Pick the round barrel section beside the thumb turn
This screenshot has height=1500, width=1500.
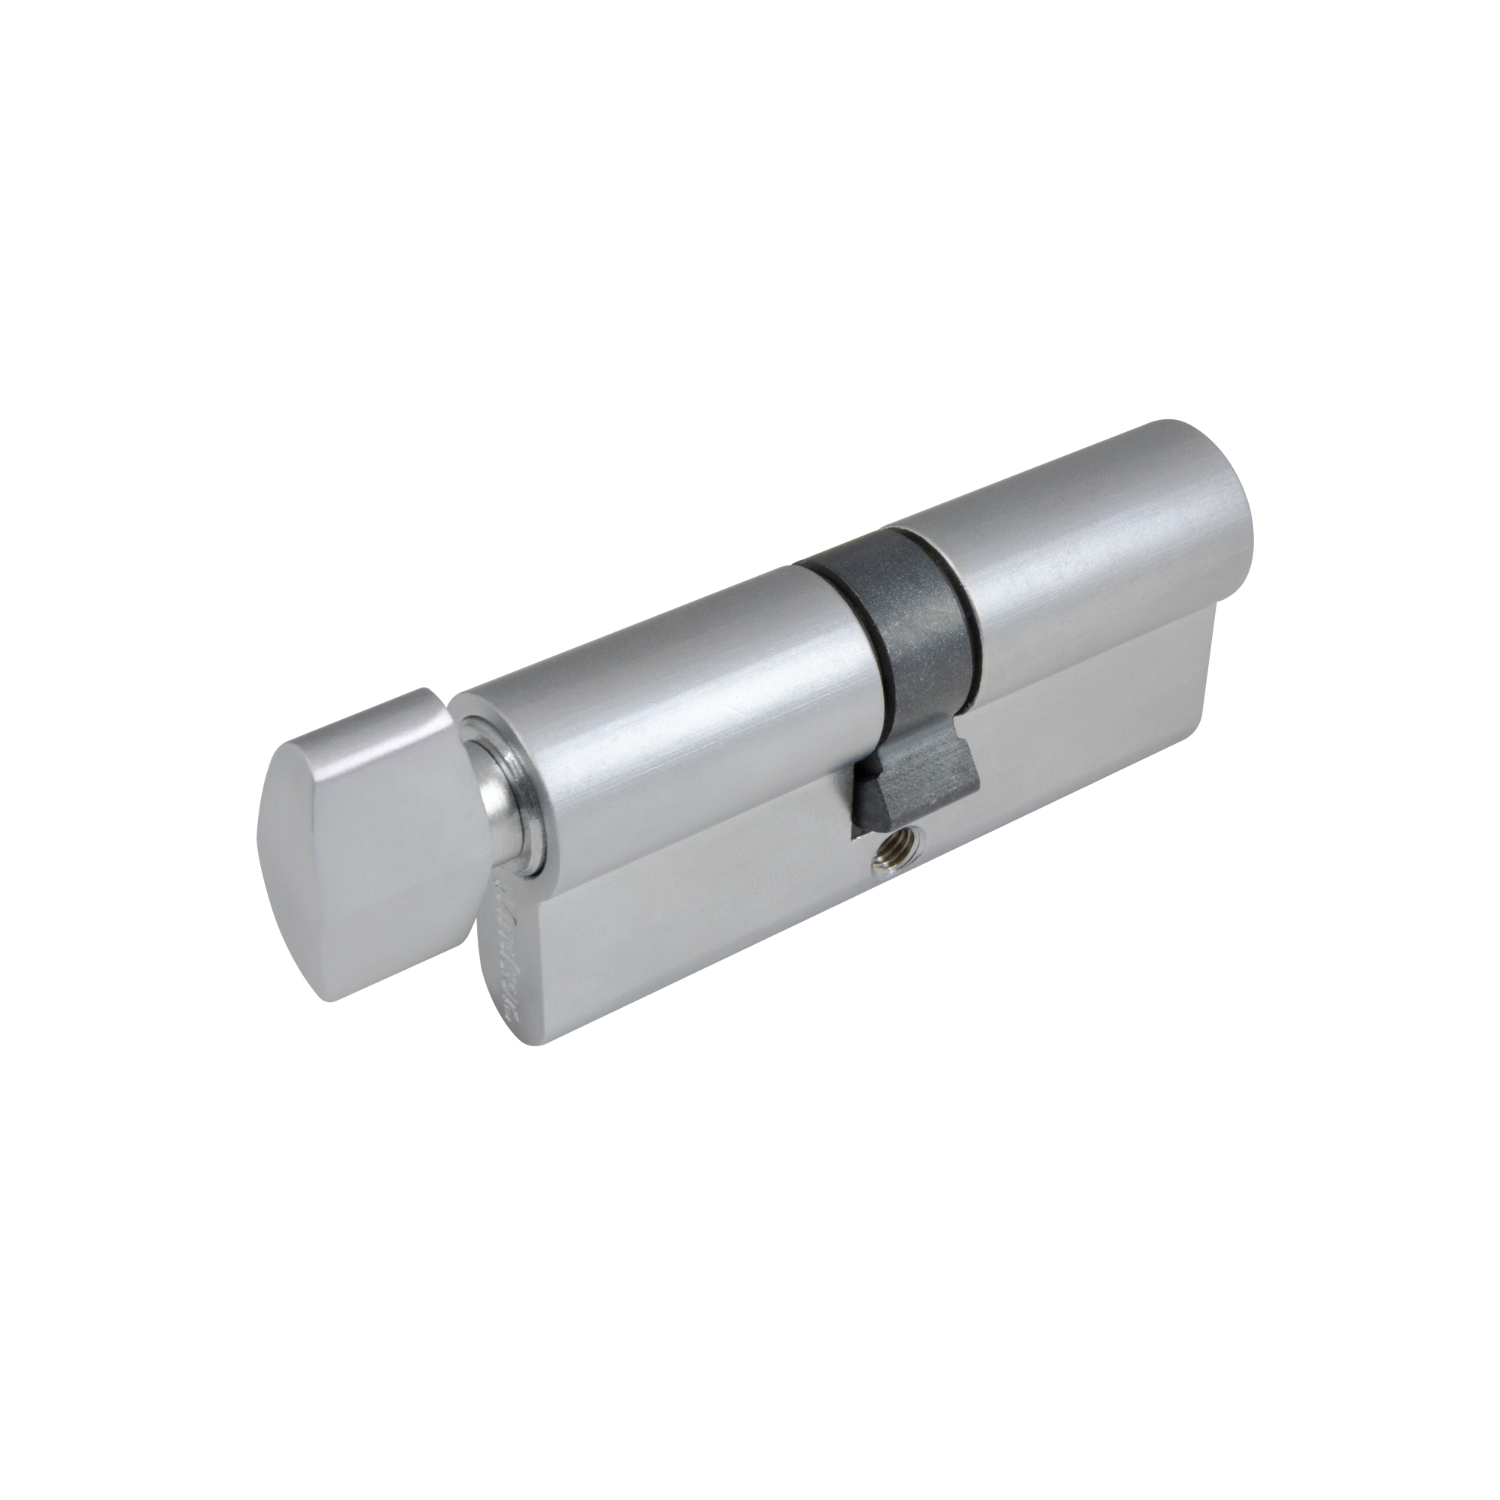(x=660, y=699)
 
